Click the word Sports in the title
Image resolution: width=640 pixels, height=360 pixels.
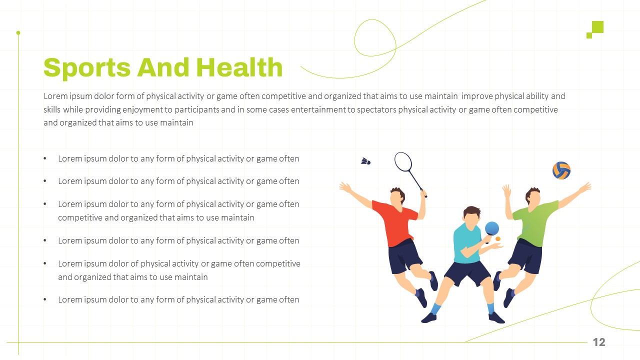87,68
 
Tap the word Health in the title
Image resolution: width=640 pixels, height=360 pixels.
239,67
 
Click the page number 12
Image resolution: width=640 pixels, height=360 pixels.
599,342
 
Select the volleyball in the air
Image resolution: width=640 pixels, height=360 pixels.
561,170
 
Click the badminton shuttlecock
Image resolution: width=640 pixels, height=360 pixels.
365,161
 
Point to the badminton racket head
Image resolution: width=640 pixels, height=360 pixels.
403,161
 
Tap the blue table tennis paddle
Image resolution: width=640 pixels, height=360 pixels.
491,229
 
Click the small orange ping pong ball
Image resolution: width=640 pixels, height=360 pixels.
498,239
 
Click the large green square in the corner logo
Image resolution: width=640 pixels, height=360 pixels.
597,27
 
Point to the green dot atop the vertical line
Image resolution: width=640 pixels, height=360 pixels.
18,33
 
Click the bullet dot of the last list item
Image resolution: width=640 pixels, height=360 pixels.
45,299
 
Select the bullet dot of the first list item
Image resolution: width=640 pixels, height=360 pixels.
45,158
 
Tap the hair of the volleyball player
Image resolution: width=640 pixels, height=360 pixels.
531,192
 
